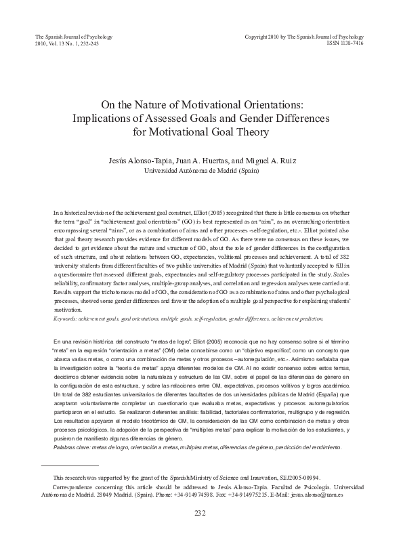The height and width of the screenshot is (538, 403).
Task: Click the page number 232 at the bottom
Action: click(201, 514)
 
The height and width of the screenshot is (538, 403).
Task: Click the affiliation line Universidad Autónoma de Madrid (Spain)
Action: click(201, 171)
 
